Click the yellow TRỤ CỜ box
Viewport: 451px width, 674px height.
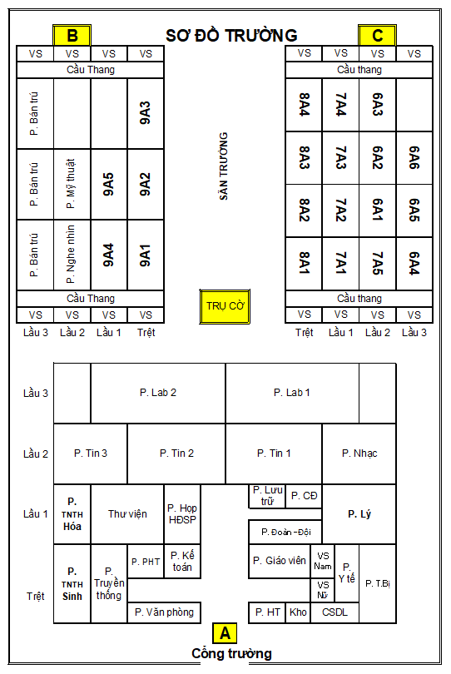225,306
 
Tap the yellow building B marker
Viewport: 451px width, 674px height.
72,35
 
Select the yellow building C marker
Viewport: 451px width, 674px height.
377,35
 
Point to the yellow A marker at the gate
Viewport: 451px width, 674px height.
225,633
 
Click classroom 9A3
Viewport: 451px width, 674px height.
146,113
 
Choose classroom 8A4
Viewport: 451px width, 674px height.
304,105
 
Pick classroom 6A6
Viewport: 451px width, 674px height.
414,158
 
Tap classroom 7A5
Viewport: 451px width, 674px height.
378,264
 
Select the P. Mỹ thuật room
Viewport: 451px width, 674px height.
72,184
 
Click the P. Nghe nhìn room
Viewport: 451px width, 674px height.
72,255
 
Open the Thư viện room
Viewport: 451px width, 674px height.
127,514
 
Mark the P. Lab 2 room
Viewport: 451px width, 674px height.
158,393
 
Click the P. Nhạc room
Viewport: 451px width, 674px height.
359,453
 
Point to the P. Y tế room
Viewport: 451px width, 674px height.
346,573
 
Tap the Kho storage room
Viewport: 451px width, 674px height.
298,612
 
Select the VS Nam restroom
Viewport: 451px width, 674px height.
323,561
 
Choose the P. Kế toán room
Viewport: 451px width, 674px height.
182,562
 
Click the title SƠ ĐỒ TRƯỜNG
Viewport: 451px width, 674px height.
231,35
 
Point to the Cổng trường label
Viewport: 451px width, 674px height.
231,653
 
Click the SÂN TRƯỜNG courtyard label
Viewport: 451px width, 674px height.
223,166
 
